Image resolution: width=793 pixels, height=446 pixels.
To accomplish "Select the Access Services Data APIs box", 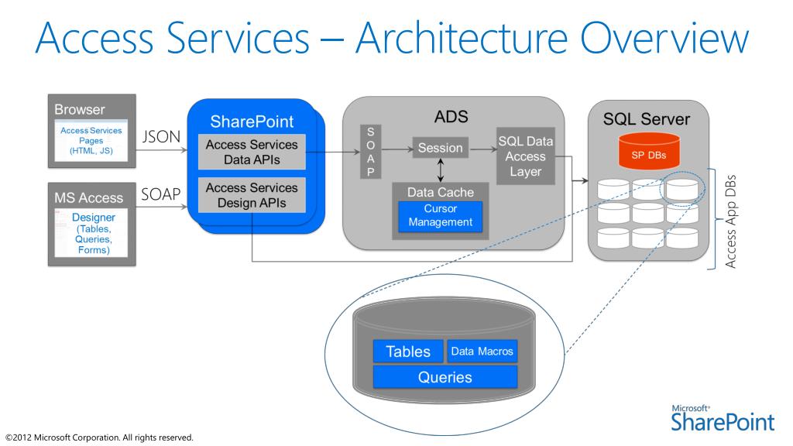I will [x=252, y=153].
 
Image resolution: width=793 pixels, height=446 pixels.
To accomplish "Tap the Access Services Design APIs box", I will [x=252, y=195].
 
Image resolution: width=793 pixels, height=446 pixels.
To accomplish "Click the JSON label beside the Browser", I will [x=162, y=137].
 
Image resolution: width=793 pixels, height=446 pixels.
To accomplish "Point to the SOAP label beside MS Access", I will [x=161, y=195].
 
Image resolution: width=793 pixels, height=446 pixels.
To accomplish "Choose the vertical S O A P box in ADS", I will [x=370, y=152].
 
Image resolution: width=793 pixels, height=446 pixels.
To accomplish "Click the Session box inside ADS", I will [x=440, y=148].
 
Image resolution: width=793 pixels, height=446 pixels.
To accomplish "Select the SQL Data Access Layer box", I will [x=526, y=156].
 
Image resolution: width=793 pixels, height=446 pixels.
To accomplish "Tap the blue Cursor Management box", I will [x=441, y=216].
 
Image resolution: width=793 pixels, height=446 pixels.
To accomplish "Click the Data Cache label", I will [x=441, y=192].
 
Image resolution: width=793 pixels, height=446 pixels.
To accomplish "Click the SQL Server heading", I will [x=646, y=119].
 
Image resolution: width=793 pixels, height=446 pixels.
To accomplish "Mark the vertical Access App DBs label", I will [x=729, y=218].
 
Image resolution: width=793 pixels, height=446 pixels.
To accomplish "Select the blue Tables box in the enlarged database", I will [x=408, y=352].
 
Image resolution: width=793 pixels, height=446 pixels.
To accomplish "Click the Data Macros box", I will [x=482, y=352].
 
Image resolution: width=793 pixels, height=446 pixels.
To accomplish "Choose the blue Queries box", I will [x=445, y=377].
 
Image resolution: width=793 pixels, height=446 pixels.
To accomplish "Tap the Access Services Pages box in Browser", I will [x=91, y=141].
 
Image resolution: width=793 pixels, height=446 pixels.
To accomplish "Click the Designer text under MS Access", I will [x=94, y=218].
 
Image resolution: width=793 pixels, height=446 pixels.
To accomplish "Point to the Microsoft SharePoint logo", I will [x=723, y=418].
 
